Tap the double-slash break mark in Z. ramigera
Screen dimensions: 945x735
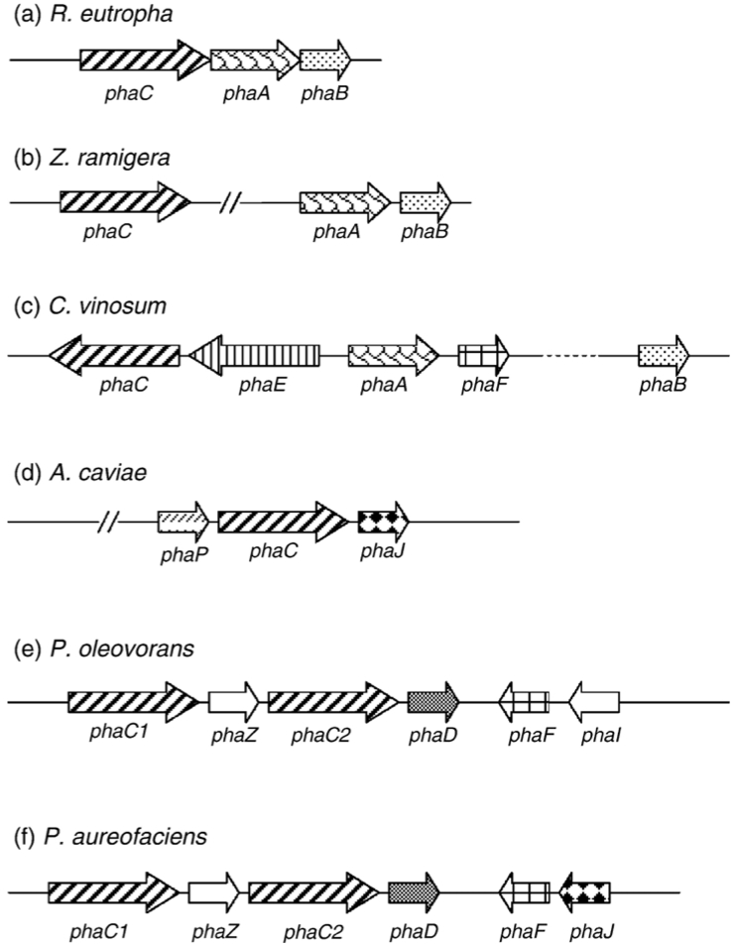[x=230, y=203]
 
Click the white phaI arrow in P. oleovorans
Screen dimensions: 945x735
[x=594, y=702]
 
